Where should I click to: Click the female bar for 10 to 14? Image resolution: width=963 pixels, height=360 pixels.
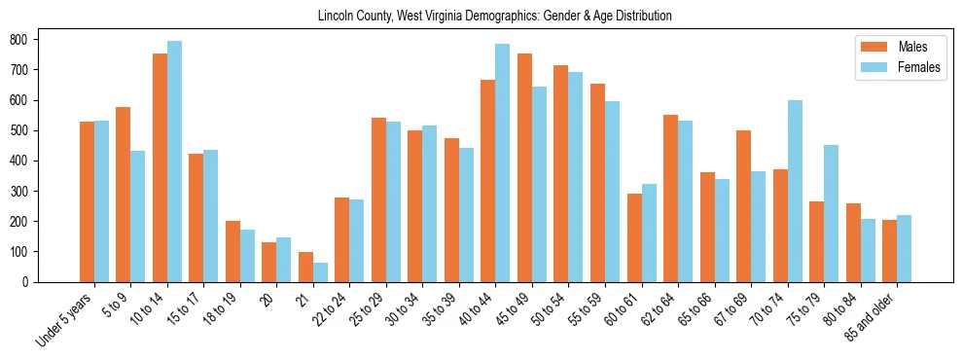(x=174, y=162)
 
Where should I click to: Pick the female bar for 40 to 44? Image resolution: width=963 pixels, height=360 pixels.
(x=503, y=162)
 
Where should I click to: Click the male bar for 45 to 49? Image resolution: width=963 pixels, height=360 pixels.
(x=524, y=167)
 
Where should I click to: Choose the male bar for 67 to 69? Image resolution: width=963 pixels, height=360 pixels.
(x=743, y=206)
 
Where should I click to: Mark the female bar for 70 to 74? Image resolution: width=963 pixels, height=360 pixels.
(x=795, y=191)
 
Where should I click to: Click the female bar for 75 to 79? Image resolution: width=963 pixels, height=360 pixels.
(x=831, y=213)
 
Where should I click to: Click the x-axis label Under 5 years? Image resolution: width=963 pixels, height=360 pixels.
(x=66, y=319)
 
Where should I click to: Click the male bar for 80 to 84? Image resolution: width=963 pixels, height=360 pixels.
(x=853, y=242)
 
